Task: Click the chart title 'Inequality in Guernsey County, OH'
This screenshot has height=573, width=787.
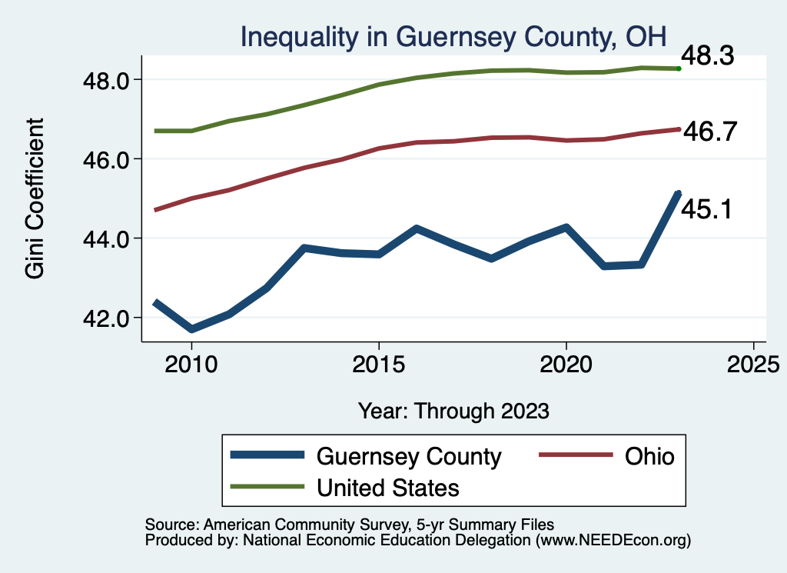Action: tap(453, 35)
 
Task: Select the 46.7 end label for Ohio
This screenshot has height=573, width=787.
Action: tap(710, 132)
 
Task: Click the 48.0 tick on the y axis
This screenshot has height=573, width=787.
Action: tap(109, 80)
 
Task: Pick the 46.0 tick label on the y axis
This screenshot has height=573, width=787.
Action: tap(109, 159)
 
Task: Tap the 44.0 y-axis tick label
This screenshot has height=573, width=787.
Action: tap(109, 238)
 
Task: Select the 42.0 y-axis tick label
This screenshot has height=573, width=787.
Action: tap(109, 318)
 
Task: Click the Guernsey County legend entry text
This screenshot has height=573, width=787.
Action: tap(409, 456)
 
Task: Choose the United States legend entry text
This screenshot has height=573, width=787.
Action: tap(388, 487)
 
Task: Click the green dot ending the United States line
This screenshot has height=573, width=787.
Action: tap(679, 68)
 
